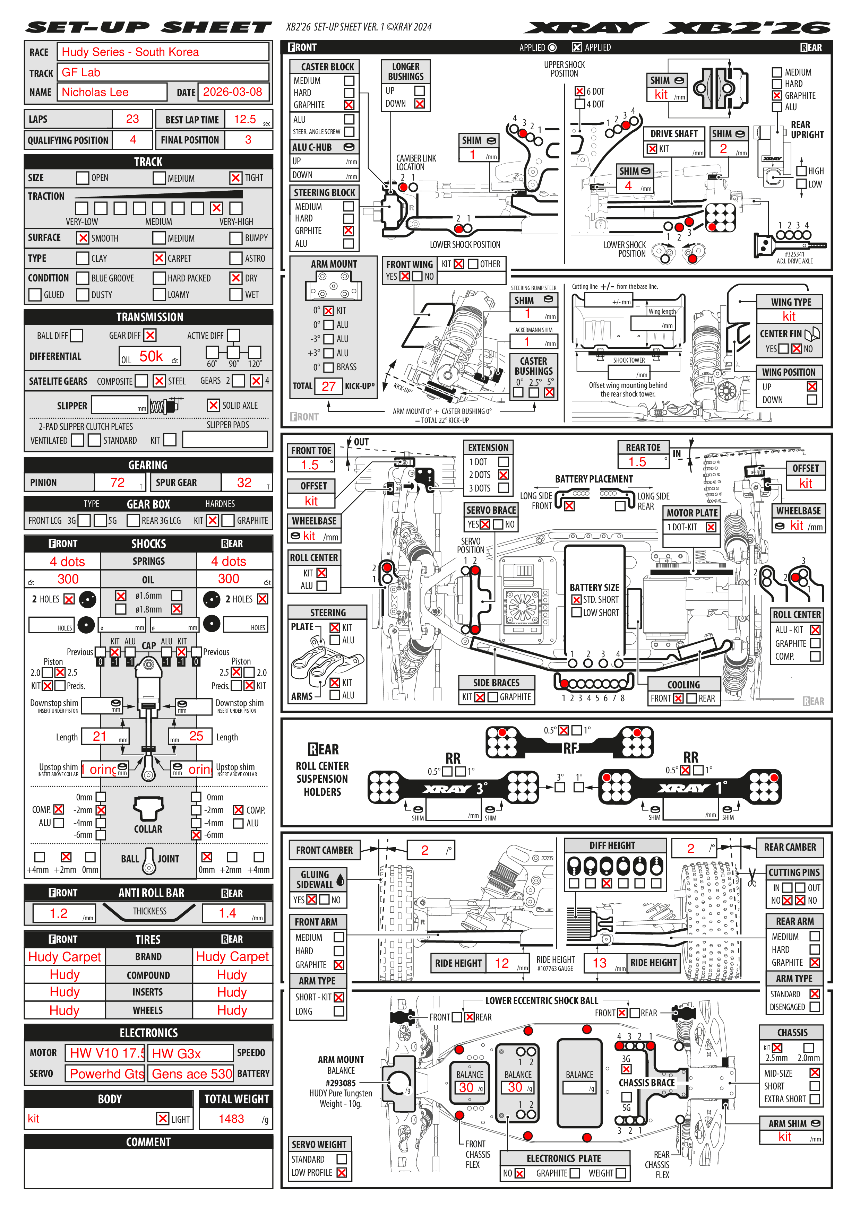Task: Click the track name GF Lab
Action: [x=81, y=72]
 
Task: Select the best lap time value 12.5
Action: [x=245, y=119]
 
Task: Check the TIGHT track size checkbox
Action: [x=235, y=178]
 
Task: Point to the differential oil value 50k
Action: [x=151, y=356]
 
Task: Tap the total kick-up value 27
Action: [x=328, y=386]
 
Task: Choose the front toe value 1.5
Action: [x=310, y=465]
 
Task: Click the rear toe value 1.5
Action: [x=637, y=462]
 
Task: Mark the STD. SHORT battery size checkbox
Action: [x=577, y=600]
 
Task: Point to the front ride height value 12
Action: [x=501, y=963]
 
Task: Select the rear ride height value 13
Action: [x=599, y=963]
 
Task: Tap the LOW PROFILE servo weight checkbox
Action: [x=342, y=1173]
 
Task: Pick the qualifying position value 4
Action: [x=133, y=140]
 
